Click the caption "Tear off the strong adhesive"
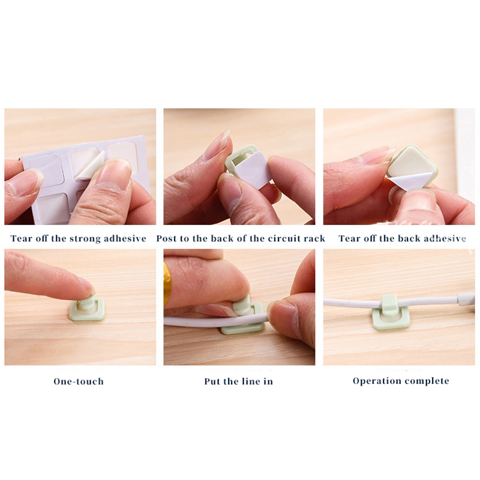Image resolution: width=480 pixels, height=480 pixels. (x=79, y=238)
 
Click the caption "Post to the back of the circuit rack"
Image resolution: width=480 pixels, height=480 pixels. (x=241, y=238)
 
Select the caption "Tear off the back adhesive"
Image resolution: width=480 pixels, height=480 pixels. (x=402, y=238)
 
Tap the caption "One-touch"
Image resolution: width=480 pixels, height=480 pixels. (x=79, y=382)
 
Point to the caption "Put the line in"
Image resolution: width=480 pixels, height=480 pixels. (x=238, y=382)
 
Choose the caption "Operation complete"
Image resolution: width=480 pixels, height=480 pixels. (x=401, y=381)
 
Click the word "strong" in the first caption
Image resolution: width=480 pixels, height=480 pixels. (x=85, y=239)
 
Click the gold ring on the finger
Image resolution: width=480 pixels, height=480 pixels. (x=167, y=283)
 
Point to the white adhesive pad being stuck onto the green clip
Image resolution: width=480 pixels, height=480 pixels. (x=253, y=170)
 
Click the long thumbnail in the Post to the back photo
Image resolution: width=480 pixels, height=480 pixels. (x=217, y=144)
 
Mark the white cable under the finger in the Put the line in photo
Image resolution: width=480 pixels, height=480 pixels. (x=214, y=322)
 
